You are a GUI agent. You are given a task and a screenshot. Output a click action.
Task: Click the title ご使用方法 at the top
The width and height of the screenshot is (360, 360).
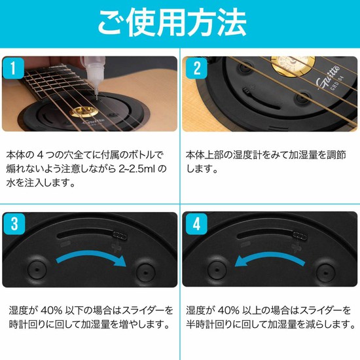coord(180,22)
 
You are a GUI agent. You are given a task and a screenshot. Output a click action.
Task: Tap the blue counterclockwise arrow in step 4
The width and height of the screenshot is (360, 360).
coord(268,261)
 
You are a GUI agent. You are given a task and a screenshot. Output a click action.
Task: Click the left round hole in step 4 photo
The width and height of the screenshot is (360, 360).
coord(213,270)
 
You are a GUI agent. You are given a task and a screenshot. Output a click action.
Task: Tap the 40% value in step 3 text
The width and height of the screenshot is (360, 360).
coord(51,310)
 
